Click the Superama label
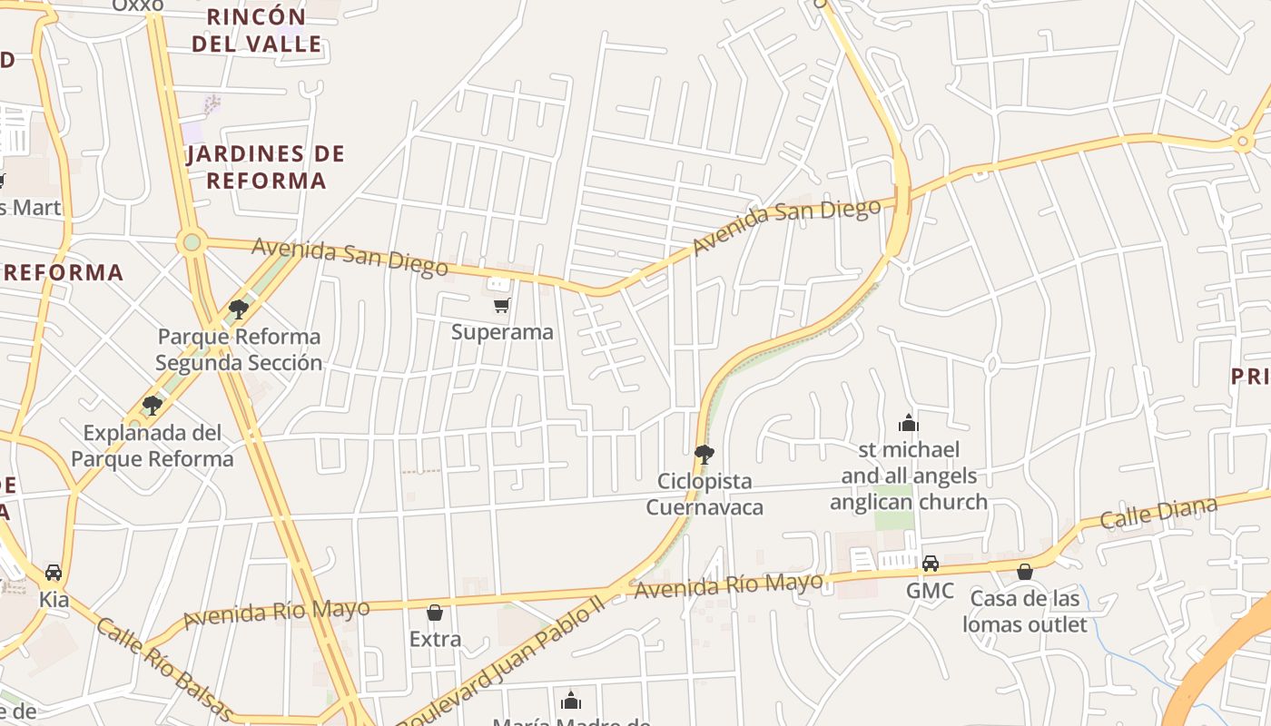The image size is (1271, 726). [502, 332]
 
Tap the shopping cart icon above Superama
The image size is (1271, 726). [501, 305]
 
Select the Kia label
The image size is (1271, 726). [54, 600]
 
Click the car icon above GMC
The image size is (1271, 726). [931, 564]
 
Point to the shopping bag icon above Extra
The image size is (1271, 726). [435, 613]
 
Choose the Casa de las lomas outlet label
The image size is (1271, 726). [1025, 612]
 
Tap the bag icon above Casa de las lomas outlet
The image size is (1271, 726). [1025, 572]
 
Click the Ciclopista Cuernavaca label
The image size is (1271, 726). [704, 494]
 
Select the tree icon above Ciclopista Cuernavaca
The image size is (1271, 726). [704, 454]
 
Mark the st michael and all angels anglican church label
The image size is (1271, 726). [908, 476]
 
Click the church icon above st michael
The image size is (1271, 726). [908, 423]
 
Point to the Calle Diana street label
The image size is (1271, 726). [1158, 513]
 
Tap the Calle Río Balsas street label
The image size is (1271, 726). [164, 670]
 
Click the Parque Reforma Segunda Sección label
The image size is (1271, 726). [239, 349]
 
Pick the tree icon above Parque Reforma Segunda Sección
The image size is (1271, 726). [239, 309]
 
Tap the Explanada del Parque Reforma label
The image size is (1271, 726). [153, 445]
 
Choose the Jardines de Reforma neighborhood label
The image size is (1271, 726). [266, 167]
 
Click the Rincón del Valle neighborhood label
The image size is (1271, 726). [257, 30]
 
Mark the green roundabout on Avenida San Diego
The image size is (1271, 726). [191, 242]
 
